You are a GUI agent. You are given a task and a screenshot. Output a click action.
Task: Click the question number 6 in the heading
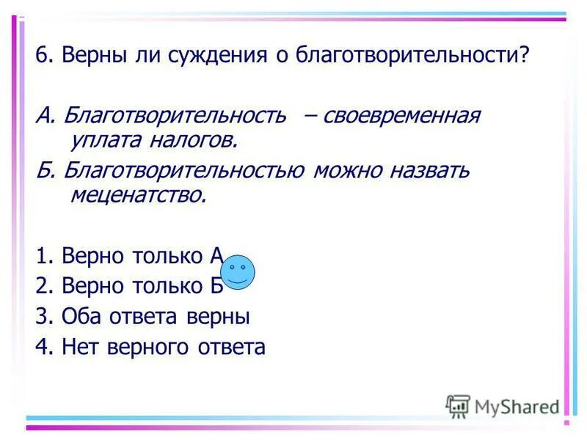point(42,56)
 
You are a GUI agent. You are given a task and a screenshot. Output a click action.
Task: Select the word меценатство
point(138,195)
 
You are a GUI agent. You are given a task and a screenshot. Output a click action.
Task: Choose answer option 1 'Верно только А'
point(128,256)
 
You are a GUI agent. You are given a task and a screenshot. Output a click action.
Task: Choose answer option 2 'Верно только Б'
point(128,286)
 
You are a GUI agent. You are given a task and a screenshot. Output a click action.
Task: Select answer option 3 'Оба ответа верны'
point(142,317)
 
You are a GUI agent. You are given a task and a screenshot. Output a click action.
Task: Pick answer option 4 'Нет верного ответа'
point(150,347)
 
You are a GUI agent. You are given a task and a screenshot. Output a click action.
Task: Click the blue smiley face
point(238,272)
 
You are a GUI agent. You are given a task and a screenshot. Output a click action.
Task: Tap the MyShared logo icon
point(459,405)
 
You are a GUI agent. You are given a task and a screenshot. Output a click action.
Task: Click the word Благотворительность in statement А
point(173,116)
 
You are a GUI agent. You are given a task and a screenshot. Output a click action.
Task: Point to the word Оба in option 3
point(79,317)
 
